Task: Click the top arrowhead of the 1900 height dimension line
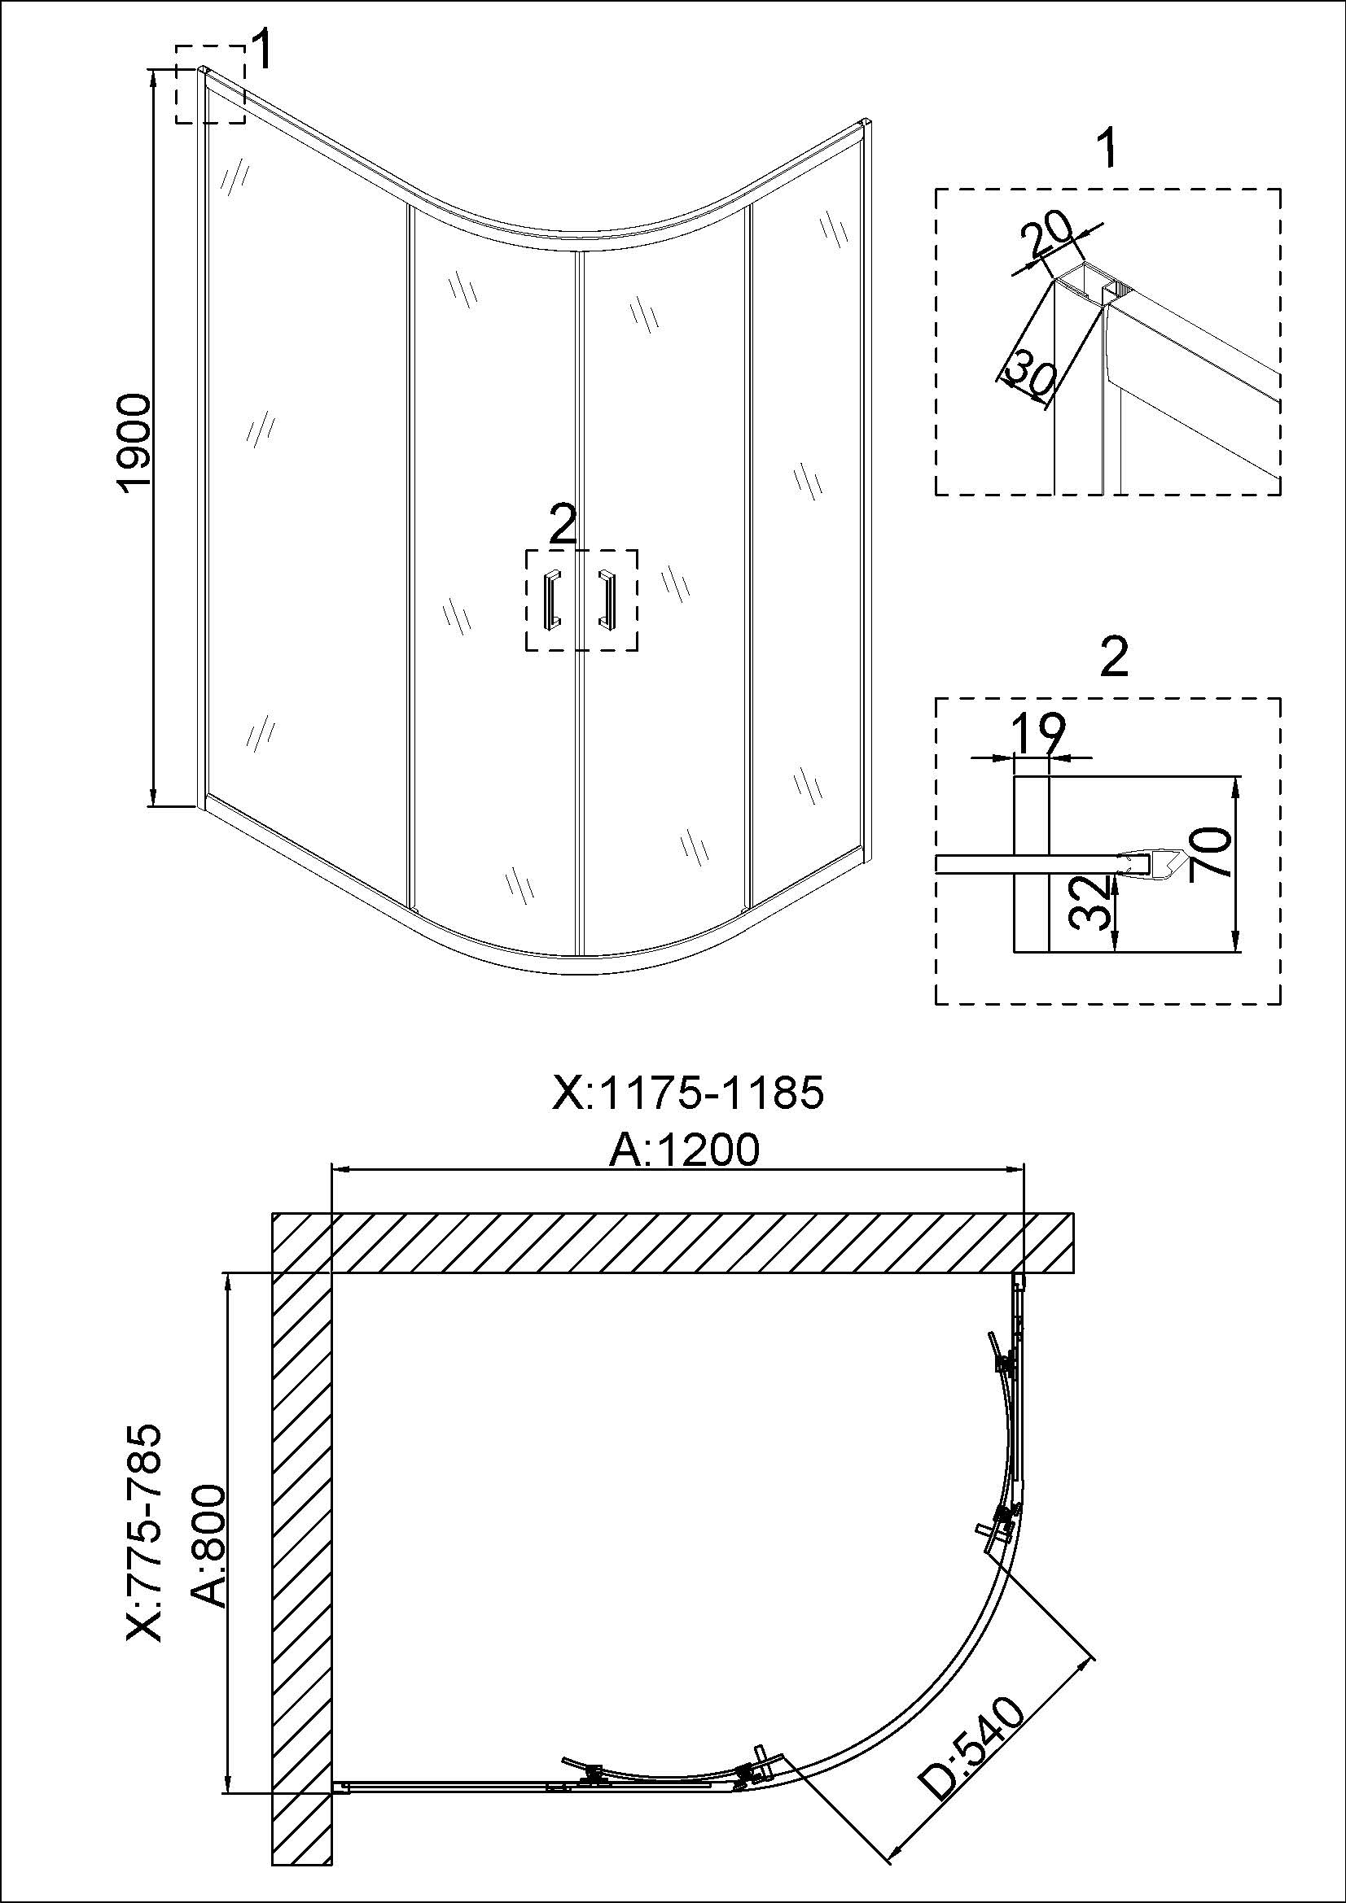click(x=153, y=76)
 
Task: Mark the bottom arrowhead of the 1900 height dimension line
click(x=153, y=797)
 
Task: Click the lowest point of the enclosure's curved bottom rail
click(x=581, y=974)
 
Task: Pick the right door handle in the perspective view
click(x=607, y=598)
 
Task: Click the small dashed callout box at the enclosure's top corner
click(x=210, y=85)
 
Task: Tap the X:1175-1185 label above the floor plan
click(x=687, y=1093)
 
